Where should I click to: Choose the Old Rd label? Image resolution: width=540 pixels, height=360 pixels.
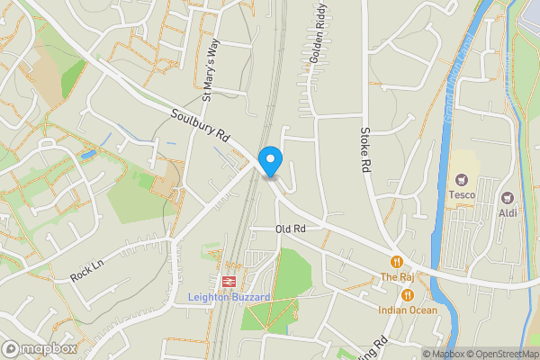coord(291,229)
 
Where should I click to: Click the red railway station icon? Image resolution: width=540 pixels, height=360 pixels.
coord(227,281)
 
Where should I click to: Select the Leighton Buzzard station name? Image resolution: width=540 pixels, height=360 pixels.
coord(224,297)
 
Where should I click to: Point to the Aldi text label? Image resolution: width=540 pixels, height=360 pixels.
coord(508,212)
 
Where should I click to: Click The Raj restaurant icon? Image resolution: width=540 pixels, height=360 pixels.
coord(395,262)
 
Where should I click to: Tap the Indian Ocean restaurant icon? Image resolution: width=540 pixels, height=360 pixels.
coord(408,294)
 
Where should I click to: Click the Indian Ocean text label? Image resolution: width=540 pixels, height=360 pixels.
coord(408,310)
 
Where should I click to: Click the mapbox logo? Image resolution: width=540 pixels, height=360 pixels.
coord(40,348)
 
